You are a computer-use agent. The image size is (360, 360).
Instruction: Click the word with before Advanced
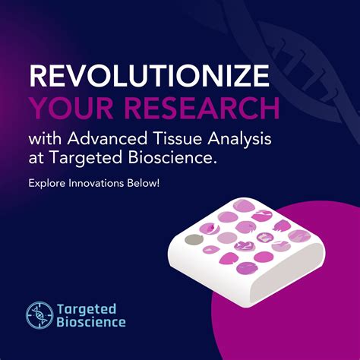(45, 141)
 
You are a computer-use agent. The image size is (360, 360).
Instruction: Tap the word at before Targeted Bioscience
(36, 160)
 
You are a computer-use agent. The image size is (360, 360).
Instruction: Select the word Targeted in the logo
(87, 308)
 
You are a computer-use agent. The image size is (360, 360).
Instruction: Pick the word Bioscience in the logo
(91, 322)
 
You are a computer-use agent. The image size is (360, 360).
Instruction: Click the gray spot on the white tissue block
(194, 240)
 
